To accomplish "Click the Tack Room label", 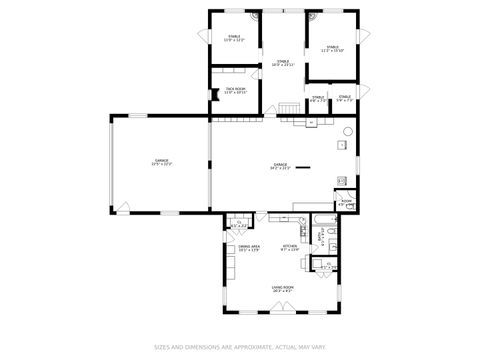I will click(235, 90).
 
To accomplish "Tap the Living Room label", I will click(282, 288).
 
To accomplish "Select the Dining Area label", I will click(249, 247).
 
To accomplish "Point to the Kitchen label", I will click(290, 247).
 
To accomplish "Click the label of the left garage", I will click(161, 162).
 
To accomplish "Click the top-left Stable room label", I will click(234, 39).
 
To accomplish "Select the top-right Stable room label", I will click(332, 48).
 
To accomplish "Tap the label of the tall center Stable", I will click(284, 64).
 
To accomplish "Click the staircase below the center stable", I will click(290, 108).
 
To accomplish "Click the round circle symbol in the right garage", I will click(348, 131).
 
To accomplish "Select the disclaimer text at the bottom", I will click(240, 348).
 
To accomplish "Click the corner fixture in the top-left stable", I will click(254, 17).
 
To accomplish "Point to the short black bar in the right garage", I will click(303, 166).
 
